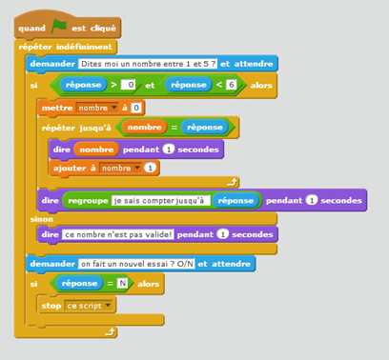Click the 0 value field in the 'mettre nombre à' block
137,108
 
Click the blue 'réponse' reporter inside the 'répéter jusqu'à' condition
204,127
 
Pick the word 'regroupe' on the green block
89,201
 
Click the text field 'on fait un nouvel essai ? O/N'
134,263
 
